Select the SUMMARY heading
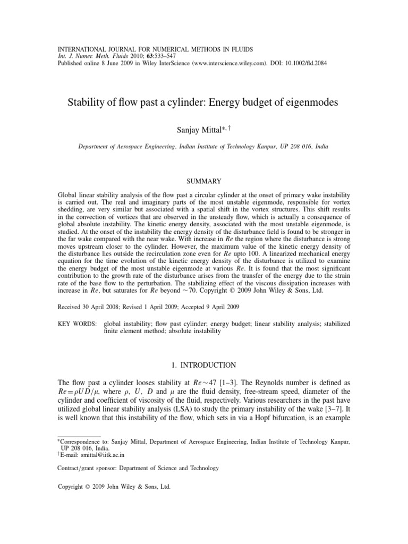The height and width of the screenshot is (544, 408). [204, 182]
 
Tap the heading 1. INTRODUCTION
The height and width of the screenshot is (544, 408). [204, 365]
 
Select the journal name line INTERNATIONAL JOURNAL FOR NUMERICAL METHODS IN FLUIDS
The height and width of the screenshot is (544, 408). [156, 49]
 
